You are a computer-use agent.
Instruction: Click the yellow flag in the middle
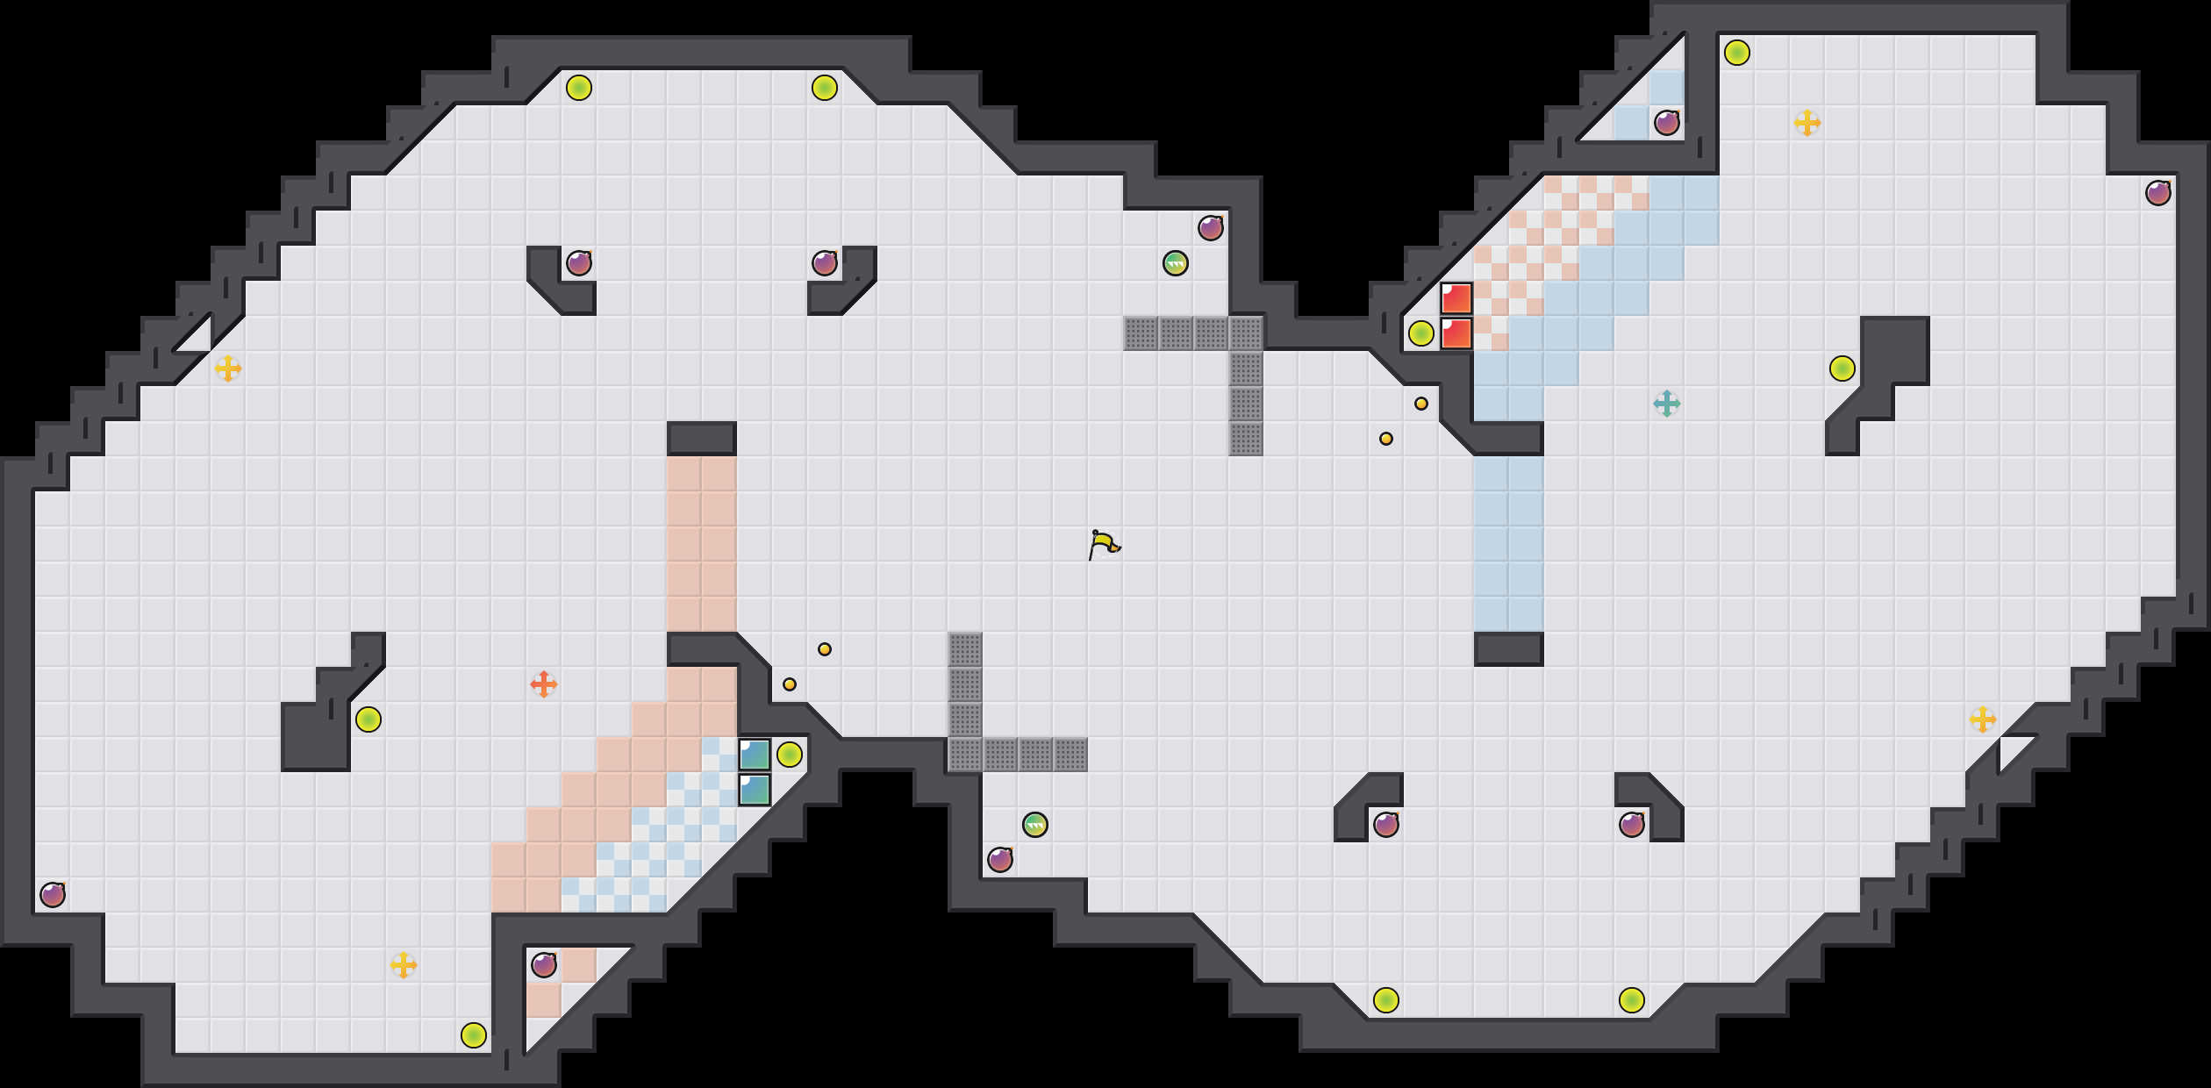pyautogui.click(x=1104, y=545)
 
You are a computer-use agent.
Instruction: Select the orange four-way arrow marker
pyautogui.click(x=544, y=684)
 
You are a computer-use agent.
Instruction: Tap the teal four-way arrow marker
pyautogui.click(x=1666, y=404)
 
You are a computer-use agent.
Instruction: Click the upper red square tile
pyautogui.click(x=1456, y=298)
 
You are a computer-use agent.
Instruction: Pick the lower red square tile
pyautogui.click(x=1456, y=333)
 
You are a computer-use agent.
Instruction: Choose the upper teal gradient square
pyautogui.click(x=755, y=755)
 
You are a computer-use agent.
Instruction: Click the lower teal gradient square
pyautogui.click(x=755, y=790)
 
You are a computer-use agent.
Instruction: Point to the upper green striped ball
pyautogui.click(x=1176, y=263)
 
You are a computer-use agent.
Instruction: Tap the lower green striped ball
pyautogui.click(x=1035, y=825)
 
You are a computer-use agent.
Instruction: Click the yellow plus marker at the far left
pyautogui.click(x=228, y=369)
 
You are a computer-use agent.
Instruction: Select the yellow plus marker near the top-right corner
pyautogui.click(x=1807, y=123)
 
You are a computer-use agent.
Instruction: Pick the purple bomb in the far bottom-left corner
pyautogui.click(x=53, y=895)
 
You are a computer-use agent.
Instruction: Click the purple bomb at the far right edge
pyautogui.click(x=2158, y=193)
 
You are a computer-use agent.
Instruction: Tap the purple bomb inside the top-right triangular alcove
pyautogui.click(x=1667, y=123)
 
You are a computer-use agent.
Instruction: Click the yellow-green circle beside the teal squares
pyautogui.click(x=790, y=755)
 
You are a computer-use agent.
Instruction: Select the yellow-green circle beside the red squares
pyautogui.click(x=1421, y=333)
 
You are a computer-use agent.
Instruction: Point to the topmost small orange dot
pyautogui.click(x=1421, y=404)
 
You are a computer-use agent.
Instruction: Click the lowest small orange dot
pyautogui.click(x=790, y=684)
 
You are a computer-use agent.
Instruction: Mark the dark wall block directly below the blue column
pyautogui.click(x=1509, y=649)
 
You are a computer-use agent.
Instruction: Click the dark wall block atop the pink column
pyautogui.click(x=702, y=439)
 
